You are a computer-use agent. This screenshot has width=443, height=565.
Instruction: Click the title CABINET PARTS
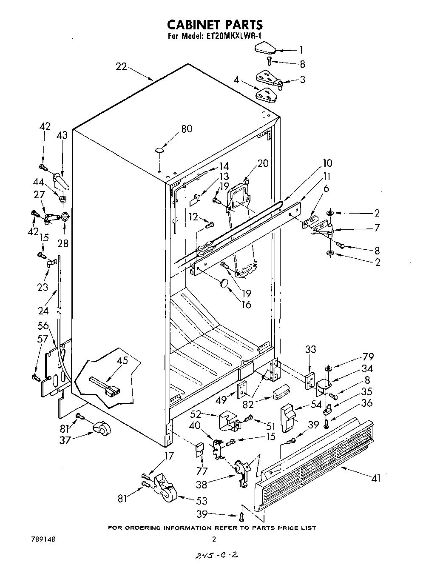point(214,25)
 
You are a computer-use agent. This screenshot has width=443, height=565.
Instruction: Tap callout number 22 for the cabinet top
point(121,67)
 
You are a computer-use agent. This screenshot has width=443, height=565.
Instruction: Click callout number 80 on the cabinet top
point(187,128)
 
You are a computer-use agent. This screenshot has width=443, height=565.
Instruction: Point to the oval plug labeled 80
point(159,150)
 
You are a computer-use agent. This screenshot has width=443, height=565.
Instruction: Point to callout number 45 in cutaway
point(122,361)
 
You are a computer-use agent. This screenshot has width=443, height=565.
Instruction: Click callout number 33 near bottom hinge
point(311,349)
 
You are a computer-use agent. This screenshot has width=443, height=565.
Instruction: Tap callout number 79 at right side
point(368,356)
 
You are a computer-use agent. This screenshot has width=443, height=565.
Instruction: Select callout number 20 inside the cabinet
point(263,163)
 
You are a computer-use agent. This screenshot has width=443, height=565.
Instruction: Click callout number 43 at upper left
point(62,135)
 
